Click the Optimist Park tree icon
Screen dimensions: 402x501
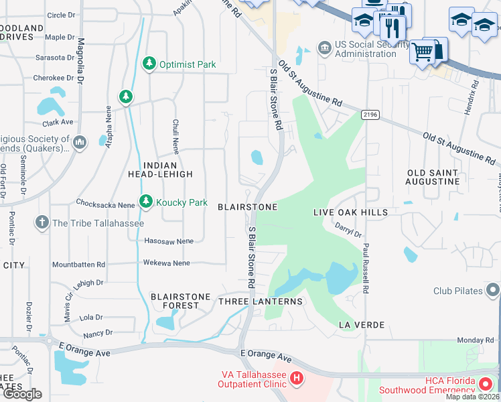pos(149,64)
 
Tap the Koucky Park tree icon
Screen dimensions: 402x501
pos(146,202)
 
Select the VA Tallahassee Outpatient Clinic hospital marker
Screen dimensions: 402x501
pos(297,379)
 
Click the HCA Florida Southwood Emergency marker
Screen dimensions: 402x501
pos(486,385)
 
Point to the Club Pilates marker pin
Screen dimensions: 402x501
pos(494,291)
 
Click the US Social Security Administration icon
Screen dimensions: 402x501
pos(324,48)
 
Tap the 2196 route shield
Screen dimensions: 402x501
pos(369,115)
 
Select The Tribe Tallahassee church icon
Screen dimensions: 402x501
pos(42,223)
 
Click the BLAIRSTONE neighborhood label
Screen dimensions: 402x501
pos(247,207)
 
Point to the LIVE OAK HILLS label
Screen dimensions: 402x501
pos(350,212)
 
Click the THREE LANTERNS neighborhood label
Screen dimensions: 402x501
pos(261,301)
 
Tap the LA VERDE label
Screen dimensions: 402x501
pos(362,325)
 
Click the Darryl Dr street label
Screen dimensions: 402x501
pos(348,231)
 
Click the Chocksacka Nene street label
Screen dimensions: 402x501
pos(106,204)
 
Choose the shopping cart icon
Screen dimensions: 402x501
pos(422,52)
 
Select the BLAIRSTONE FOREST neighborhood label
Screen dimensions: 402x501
pos(180,301)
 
